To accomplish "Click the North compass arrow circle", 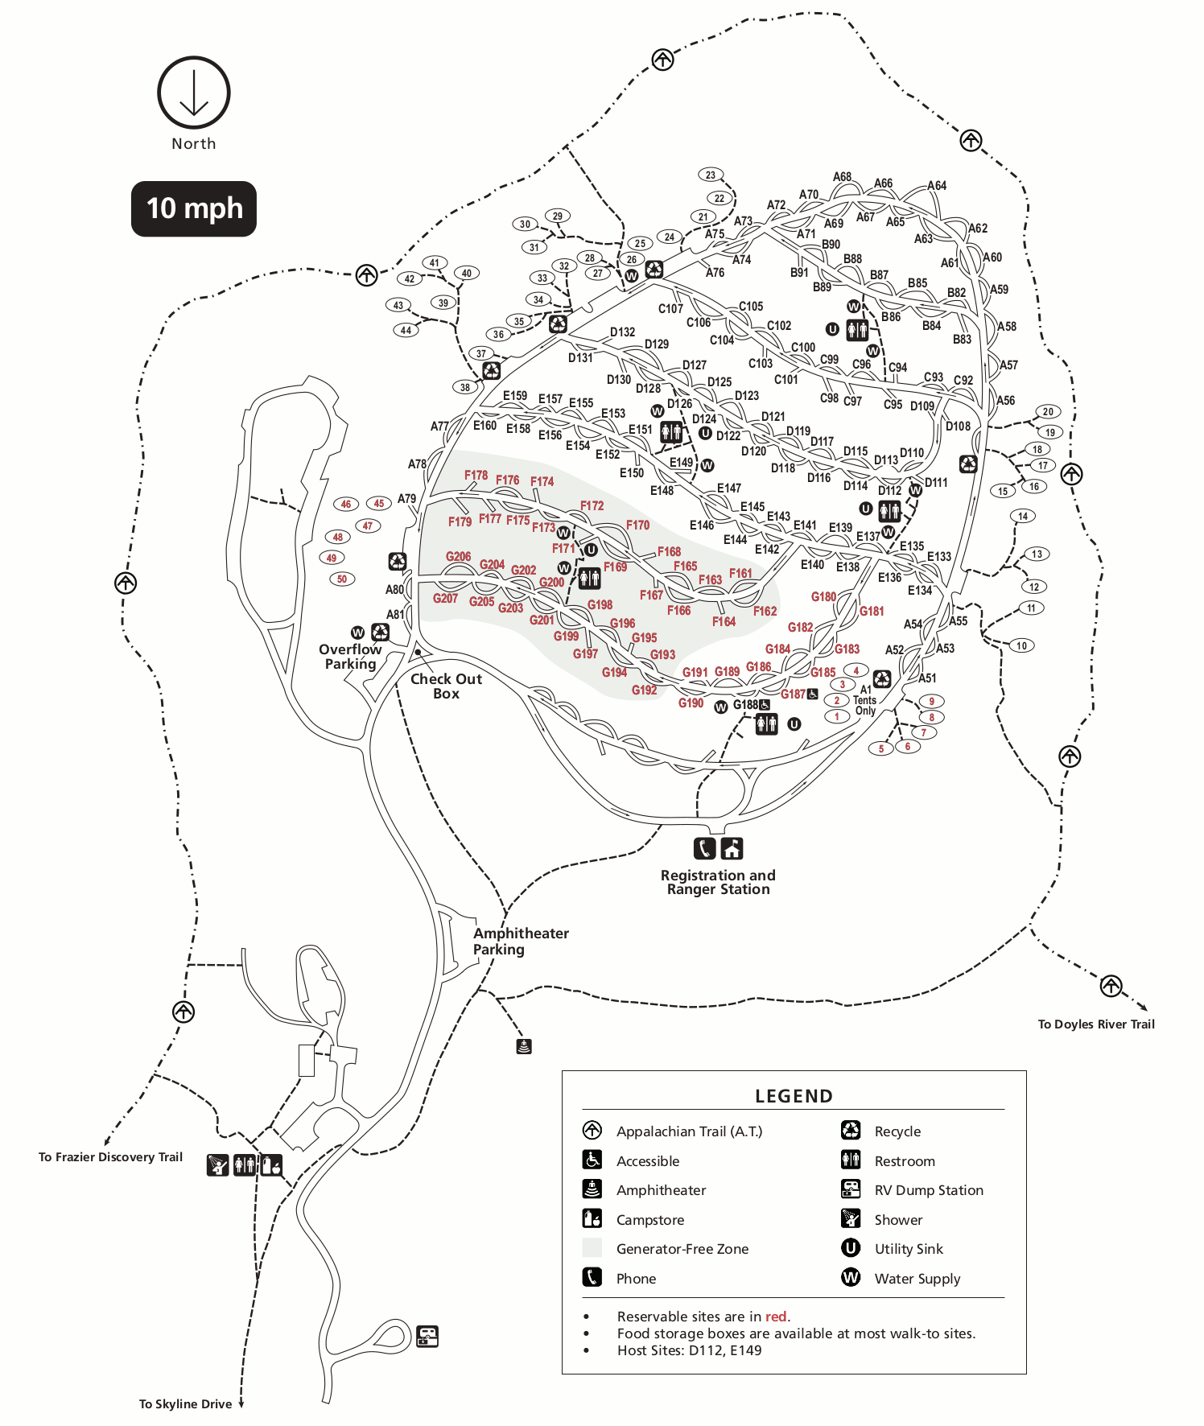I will [193, 93].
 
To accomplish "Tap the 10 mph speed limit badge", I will [194, 208].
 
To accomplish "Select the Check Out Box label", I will [446, 686].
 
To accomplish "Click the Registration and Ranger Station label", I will [718, 882].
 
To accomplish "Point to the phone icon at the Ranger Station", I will [704, 848].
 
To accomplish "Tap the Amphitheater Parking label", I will [521, 941].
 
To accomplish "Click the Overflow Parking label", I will [350, 656].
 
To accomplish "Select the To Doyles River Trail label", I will [1095, 1024].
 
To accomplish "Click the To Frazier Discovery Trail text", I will [110, 1156].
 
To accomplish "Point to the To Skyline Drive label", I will [185, 1403].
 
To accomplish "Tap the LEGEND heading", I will [794, 1096].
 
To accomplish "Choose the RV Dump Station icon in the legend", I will [851, 1189].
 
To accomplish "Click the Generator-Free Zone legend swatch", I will [592, 1248].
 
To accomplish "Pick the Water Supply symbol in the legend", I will [851, 1277].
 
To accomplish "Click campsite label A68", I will [842, 176].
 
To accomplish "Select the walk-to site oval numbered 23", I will [710, 175].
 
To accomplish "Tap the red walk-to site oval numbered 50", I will [342, 579].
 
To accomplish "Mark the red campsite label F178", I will [476, 475].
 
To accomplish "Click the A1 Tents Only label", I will [865, 700].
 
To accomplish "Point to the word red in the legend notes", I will [776, 1317].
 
